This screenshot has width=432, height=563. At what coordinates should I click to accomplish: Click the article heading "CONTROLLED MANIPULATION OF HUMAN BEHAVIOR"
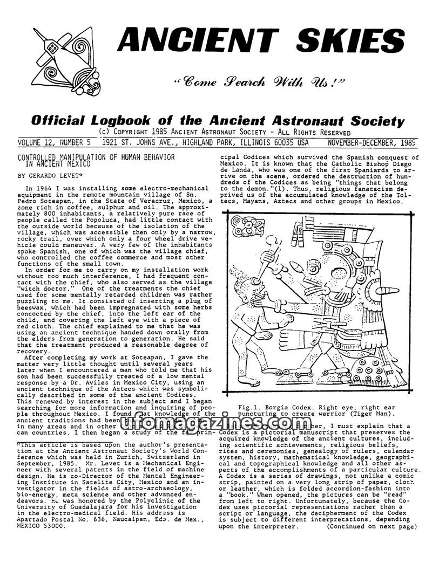[x=96, y=157]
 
